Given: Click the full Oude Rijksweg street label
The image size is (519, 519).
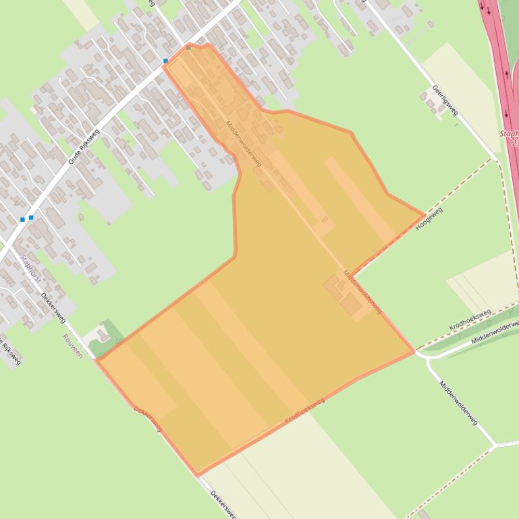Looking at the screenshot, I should tap(84, 146).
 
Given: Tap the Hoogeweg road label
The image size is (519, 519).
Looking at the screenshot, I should tap(429, 218).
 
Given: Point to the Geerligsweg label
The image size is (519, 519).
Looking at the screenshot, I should tap(445, 100).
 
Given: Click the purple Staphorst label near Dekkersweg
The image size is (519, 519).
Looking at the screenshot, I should tap(30, 268).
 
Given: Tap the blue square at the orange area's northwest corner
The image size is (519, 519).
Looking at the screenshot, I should tap(165, 61).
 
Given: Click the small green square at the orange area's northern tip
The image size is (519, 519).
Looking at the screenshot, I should tap(188, 47).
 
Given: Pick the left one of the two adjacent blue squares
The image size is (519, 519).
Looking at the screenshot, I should tap(22, 219).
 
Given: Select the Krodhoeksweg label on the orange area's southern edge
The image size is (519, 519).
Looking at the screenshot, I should tap(304, 410).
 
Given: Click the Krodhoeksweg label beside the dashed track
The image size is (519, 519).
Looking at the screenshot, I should tap(469, 319).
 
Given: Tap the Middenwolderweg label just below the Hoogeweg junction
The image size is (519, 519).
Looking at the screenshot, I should tap(362, 291).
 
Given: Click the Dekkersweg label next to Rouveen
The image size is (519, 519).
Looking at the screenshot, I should tap(53, 306).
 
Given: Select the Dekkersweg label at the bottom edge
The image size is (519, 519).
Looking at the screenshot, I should tap(223, 504).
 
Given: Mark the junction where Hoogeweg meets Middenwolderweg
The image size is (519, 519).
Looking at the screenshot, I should tap(350, 276).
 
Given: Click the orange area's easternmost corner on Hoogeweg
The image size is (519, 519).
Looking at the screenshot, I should tap(425, 216).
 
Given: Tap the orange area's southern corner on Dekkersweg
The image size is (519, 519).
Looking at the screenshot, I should tap(197, 475).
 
